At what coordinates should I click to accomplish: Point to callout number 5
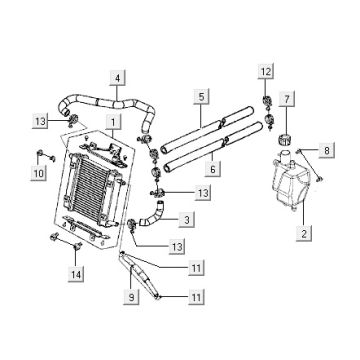point(202,97)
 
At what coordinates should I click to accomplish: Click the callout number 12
point(266,72)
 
